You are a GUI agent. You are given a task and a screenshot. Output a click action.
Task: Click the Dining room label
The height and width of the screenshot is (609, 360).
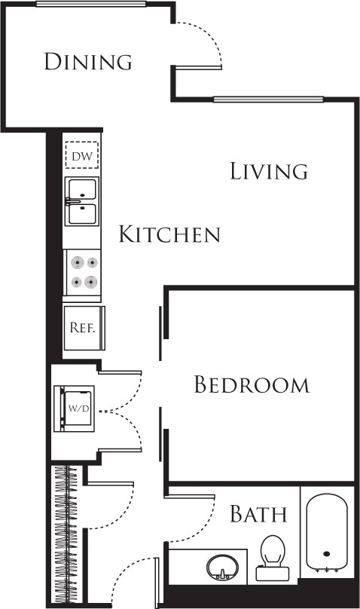[88, 61]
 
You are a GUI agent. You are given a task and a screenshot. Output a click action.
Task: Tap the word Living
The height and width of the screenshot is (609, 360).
[269, 171]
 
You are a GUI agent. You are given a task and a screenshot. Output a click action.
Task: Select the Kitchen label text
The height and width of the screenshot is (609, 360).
[169, 234]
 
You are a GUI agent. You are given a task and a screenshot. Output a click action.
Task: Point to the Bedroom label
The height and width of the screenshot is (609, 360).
[252, 385]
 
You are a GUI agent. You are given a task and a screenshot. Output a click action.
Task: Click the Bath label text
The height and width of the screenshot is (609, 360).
[258, 515]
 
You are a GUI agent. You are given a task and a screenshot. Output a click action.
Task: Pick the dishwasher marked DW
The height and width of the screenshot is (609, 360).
[81, 156]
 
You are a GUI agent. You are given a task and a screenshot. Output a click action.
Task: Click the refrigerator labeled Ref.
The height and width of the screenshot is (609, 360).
[81, 328]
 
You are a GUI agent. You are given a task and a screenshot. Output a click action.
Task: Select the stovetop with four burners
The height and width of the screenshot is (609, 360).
[84, 272]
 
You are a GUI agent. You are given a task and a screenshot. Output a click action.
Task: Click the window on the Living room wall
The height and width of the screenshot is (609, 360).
[268, 99]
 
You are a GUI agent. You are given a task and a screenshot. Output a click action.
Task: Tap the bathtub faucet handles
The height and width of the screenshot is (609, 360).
[326, 571]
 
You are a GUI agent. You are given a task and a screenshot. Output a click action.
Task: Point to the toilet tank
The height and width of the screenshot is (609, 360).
[270, 574]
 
